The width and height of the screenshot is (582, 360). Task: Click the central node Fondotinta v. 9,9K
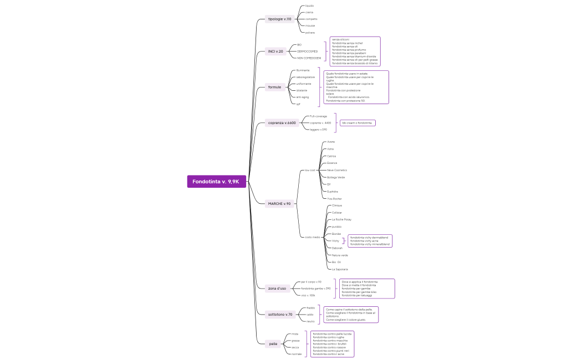pyautogui.click(x=216, y=182)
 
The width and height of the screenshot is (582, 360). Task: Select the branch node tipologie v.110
pyautogui.click(x=279, y=19)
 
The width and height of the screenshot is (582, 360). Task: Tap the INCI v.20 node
pyautogui.click(x=275, y=52)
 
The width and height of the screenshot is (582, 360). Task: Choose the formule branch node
pyautogui.click(x=274, y=87)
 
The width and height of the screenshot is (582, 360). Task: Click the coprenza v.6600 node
pyautogui.click(x=282, y=122)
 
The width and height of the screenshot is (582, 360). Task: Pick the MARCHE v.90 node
pyautogui.click(x=279, y=204)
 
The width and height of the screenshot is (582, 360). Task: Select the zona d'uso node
pyautogui.click(x=277, y=288)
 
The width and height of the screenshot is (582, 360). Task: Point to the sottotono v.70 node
pyautogui.click(x=280, y=315)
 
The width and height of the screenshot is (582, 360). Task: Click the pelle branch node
pyautogui.click(x=273, y=344)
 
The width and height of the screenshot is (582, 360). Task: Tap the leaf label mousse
pyautogui.click(x=310, y=25)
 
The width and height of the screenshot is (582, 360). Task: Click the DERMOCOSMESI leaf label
pyautogui.click(x=307, y=51)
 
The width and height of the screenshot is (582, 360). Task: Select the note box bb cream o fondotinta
pyautogui.click(x=357, y=122)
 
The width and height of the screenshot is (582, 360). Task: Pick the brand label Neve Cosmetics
pyautogui.click(x=337, y=170)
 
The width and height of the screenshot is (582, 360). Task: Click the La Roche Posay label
pyautogui.click(x=341, y=219)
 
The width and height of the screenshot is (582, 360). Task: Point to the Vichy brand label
pyautogui.click(x=335, y=241)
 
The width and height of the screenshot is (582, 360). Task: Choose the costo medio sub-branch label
pyautogui.click(x=312, y=237)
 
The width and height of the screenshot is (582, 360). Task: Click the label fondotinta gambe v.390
pyautogui.click(x=315, y=289)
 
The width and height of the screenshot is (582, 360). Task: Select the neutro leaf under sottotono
pyautogui.click(x=310, y=321)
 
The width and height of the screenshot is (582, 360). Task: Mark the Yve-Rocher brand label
pyautogui.click(x=334, y=198)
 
